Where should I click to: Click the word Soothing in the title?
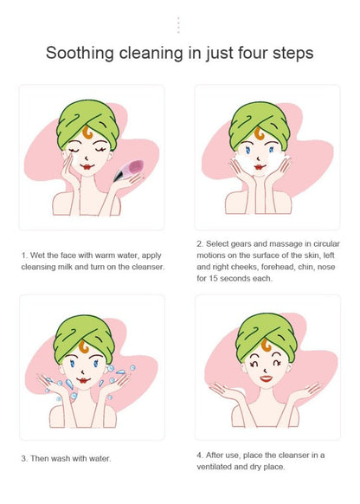tap(80, 53)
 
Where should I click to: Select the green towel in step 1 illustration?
tap(87, 124)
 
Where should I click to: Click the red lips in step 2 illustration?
tap(260, 167)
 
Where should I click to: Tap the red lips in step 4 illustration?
tap(267, 378)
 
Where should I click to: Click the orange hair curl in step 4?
tap(266, 345)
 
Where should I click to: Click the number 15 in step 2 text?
tap(213, 278)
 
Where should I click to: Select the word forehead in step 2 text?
tap(278, 267)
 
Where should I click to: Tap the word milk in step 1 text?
tap(65, 267)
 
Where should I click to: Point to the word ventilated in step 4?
tap(214, 467)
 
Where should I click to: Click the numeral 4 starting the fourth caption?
tap(199, 456)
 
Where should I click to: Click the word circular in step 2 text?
tap(326, 244)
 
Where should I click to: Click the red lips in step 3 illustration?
tap(83, 381)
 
